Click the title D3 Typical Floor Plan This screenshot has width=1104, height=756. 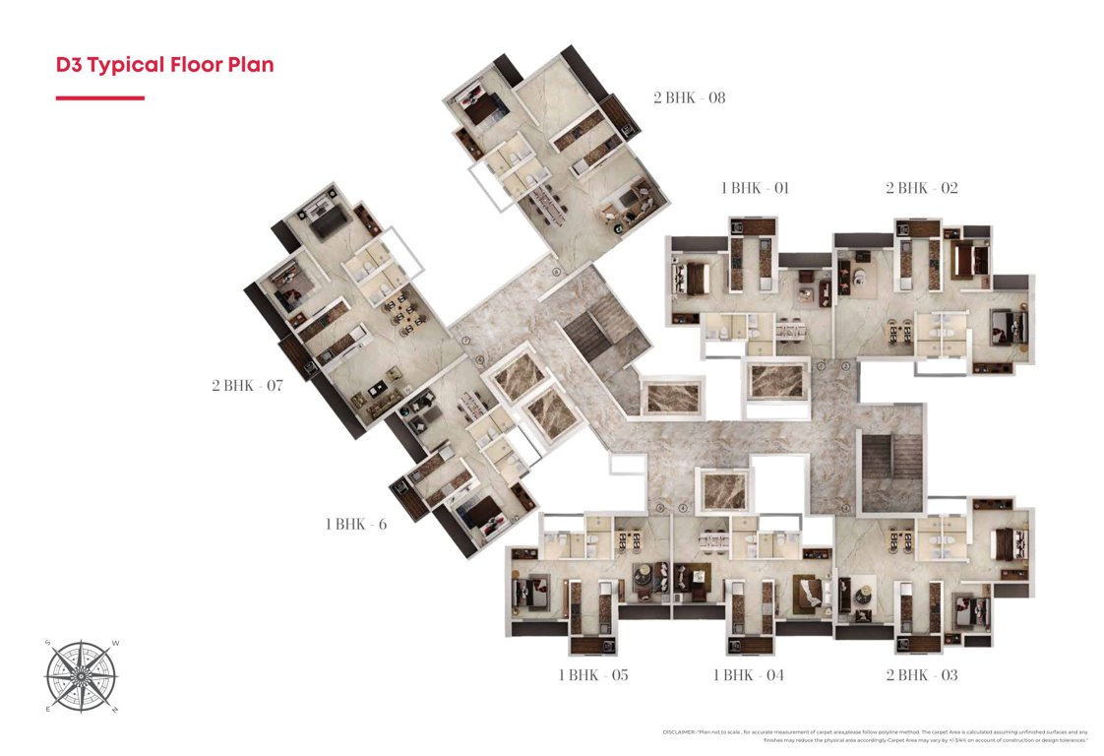coord(164,66)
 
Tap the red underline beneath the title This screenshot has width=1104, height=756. coord(99,98)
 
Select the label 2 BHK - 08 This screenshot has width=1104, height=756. coord(689,97)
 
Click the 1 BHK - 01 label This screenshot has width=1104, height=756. coord(755,188)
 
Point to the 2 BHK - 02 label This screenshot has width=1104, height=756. coord(921,188)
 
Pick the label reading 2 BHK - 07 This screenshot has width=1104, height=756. coord(247,385)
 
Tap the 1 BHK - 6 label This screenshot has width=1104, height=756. coord(356,524)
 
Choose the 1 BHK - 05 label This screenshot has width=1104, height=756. coord(593,675)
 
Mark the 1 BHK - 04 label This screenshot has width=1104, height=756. coord(749,675)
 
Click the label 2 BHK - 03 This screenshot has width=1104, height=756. coord(921,675)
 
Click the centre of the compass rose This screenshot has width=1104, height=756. coord(82,676)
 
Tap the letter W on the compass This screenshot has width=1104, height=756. coord(115,644)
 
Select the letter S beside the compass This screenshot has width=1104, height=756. coord(47,644)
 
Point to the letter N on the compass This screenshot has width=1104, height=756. coord(115,710)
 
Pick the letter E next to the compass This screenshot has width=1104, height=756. coord(47,710)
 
